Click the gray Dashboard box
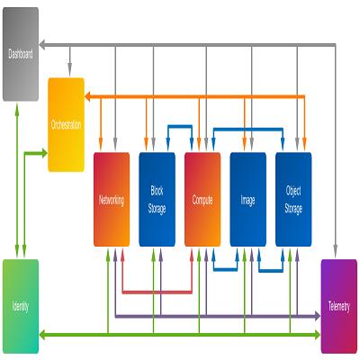[21, 54]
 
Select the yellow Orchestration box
[67, 125]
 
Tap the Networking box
[112, 200]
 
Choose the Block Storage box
[157, 200]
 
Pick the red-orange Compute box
[202, 200]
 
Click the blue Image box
[248, 200]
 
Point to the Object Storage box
[293, 200]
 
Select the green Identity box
[21, 306]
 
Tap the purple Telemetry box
[339, 306]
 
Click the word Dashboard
[21, 54]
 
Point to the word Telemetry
[339, 307]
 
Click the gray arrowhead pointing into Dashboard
[42, 45]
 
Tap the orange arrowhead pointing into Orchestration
[87, 96]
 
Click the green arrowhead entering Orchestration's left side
[44, 153]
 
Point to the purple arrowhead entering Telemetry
[318, 316]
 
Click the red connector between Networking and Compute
[157, 292]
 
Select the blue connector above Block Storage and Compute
[180, 127]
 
